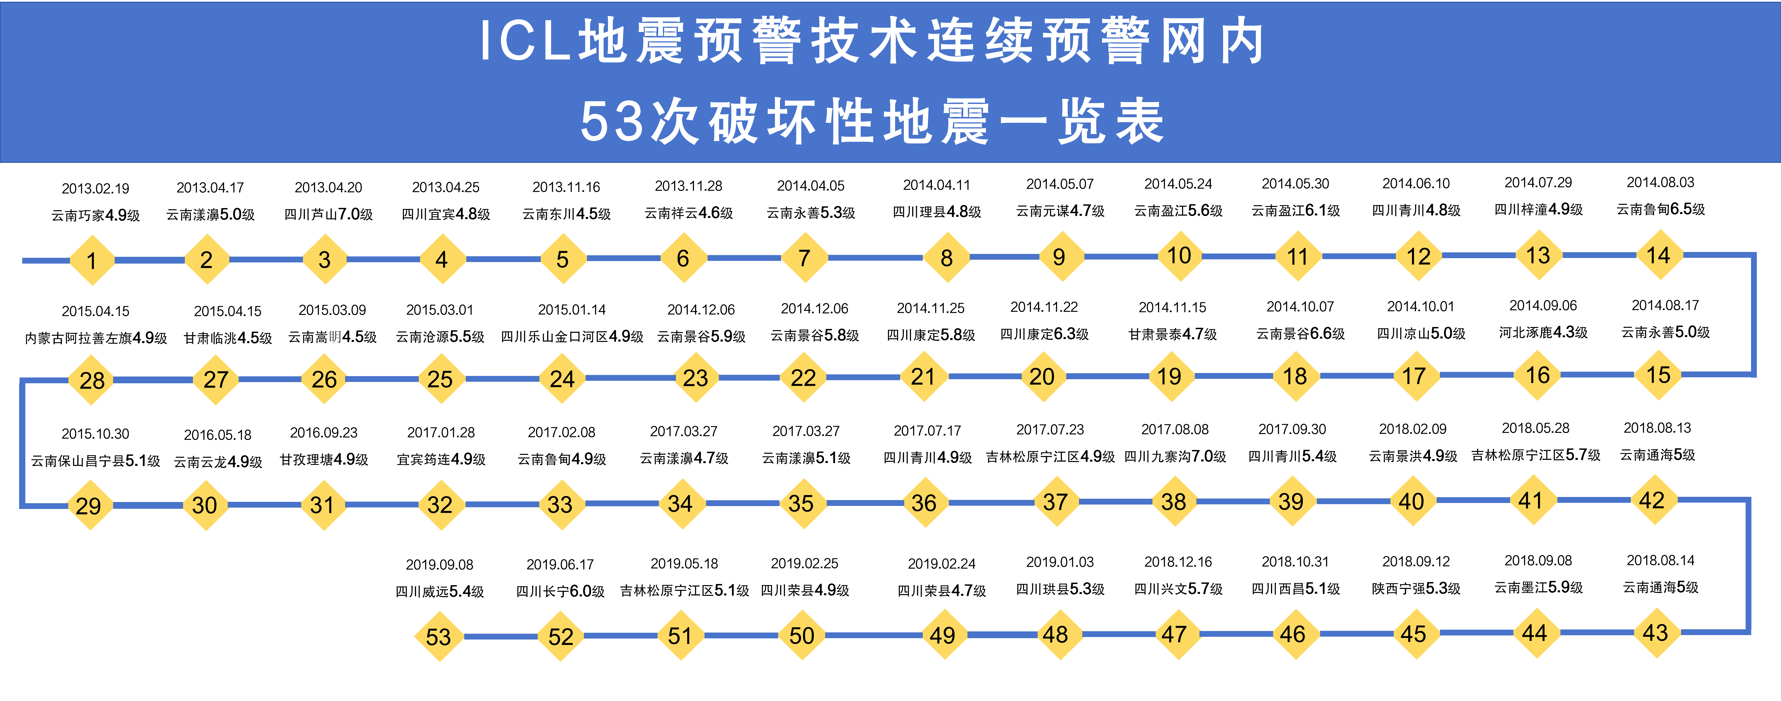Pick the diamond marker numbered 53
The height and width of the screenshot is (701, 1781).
click(438, 636)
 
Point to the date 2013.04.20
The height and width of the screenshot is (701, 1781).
click(328, 187)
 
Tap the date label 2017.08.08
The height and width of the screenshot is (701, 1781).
click(1175, 429)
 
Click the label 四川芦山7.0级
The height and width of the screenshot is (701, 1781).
click(328, 214)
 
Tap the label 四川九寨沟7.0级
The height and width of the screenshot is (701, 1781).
click(1175, 456)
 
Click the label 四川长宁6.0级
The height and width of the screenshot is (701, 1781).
click(560, 591)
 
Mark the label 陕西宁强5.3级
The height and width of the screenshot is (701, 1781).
click(1416, 588)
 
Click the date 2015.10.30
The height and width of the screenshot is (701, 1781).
click(96, 433)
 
